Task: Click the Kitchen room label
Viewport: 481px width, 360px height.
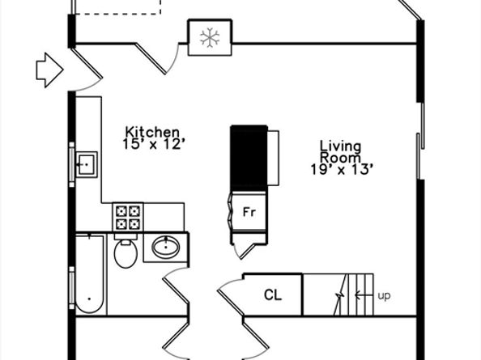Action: coord(152,132)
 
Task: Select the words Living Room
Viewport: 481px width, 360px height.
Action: coord(340,152)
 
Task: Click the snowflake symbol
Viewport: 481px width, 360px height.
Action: coord(210,38)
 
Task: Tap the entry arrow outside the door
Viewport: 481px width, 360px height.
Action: coord(49,70)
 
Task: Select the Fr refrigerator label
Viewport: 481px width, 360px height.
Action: coord(249,212)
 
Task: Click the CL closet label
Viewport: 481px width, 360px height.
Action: coord(273,295)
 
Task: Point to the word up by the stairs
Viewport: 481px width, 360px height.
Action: coord(384,296)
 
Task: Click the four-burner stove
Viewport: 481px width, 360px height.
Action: coord(128,217)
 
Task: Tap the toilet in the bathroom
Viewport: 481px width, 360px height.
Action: coord(126,252)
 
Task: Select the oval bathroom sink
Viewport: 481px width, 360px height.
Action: coord(166,247)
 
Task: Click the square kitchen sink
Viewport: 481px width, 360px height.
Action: coord(87,164)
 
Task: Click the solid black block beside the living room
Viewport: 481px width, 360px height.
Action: coord(249,158)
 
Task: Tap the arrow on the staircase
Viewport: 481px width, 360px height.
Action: coord(364,295)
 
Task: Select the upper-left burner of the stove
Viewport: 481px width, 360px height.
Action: coord(121,211)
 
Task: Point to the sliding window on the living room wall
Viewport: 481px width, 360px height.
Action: coord(420,141)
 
